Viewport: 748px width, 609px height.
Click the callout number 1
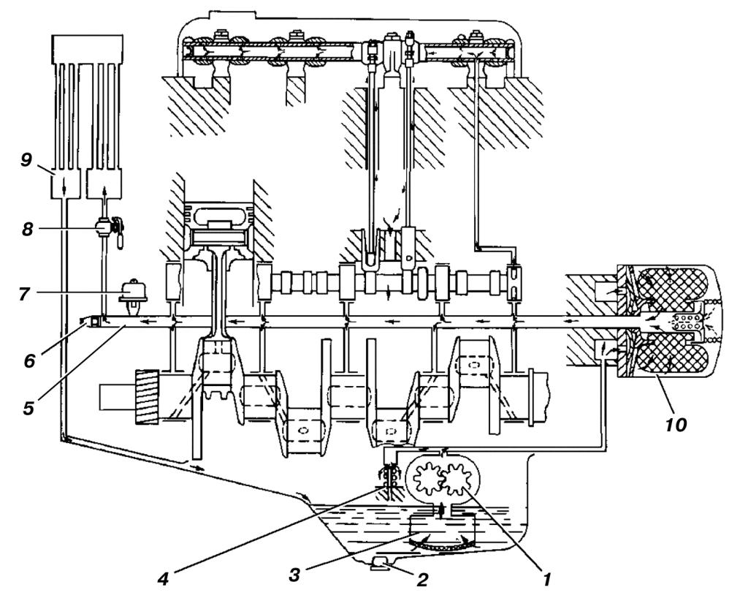[x=546, y=580]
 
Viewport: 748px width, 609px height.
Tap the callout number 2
[x=421, y=580]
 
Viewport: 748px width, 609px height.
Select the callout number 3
[x=294, y=575]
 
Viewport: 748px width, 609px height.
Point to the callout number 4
[x=163, y=580]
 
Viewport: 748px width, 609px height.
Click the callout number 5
[x=28, y=407]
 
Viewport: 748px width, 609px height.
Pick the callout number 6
[x=29, y=360]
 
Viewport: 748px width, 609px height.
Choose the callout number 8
[x=27, y=230]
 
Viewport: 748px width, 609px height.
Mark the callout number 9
[x=26, y=159]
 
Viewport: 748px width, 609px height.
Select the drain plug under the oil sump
[x=381, y=564]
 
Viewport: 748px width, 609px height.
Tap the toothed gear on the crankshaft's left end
[x=147, y=397]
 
